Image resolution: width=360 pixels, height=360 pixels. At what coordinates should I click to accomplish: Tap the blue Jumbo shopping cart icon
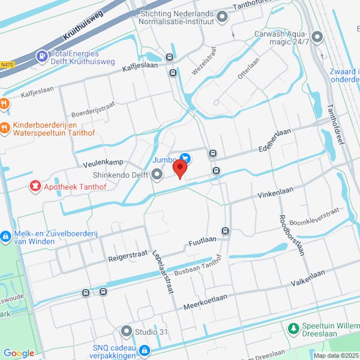(x=186, y=159)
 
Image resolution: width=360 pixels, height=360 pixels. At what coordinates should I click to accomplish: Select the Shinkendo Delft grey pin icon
(x=157, y=175)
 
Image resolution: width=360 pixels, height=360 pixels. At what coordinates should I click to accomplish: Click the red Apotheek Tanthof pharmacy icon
(x=35, y=187)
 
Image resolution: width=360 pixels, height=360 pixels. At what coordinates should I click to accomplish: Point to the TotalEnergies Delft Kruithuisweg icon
(x=41, y=56)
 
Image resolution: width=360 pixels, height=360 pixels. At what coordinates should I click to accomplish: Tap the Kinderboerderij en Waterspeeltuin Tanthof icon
(x=5, y=127)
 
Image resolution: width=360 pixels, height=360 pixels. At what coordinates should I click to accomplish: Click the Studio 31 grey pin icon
(x=126, y=331)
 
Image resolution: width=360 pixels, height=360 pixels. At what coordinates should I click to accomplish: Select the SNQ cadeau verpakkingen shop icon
(x=144, y=350)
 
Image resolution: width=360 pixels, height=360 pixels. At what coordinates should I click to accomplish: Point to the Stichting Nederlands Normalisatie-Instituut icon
(x=223, y=17)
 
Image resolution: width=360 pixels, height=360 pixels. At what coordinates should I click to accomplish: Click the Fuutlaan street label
(x=202, y=239)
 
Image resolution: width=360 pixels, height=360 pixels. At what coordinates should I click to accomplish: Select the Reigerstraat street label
(x=127, y=258)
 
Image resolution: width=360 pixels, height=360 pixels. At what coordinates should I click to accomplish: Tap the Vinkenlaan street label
(x=274, y=196)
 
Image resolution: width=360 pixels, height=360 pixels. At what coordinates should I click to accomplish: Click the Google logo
(x=19, y=353)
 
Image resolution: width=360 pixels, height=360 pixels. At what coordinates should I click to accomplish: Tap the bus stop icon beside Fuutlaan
(x=225, y=231)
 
